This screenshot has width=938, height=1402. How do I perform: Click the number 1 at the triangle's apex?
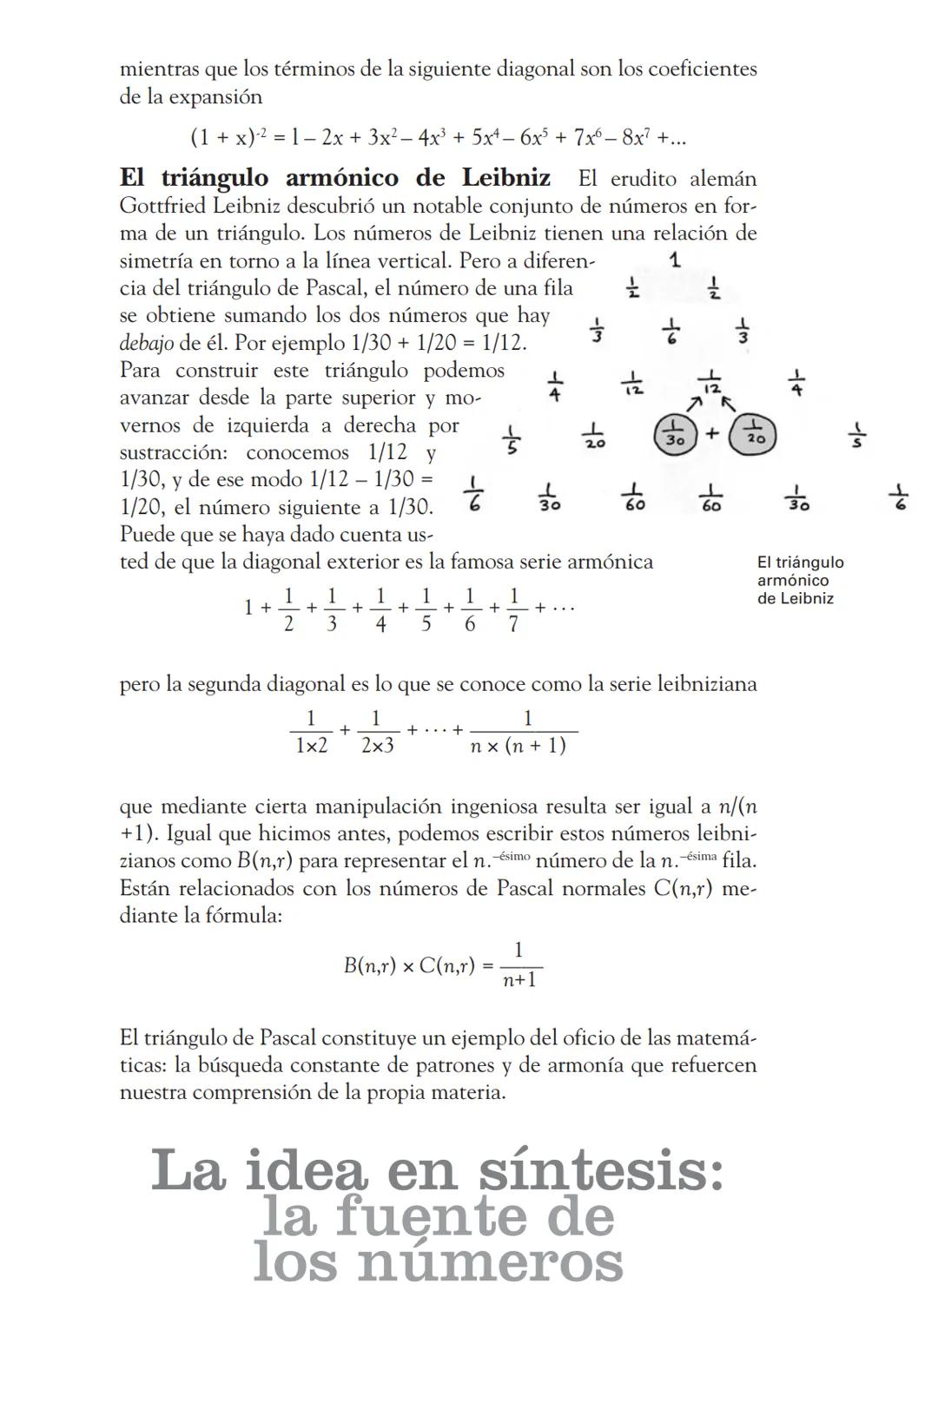coord(676,259)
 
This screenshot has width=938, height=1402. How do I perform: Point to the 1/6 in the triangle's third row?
coord(670,331)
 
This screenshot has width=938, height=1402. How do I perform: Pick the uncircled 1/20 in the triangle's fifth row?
coord(594,435)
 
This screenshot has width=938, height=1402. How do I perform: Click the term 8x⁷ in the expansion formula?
coord(637,137)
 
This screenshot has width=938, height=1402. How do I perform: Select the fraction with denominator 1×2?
coord(311,732)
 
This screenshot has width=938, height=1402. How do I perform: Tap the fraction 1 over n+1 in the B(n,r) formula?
coord(519,965)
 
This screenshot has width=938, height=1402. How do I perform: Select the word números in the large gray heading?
coord(491,1263)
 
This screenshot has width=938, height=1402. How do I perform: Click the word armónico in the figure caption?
coord(793,581)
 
